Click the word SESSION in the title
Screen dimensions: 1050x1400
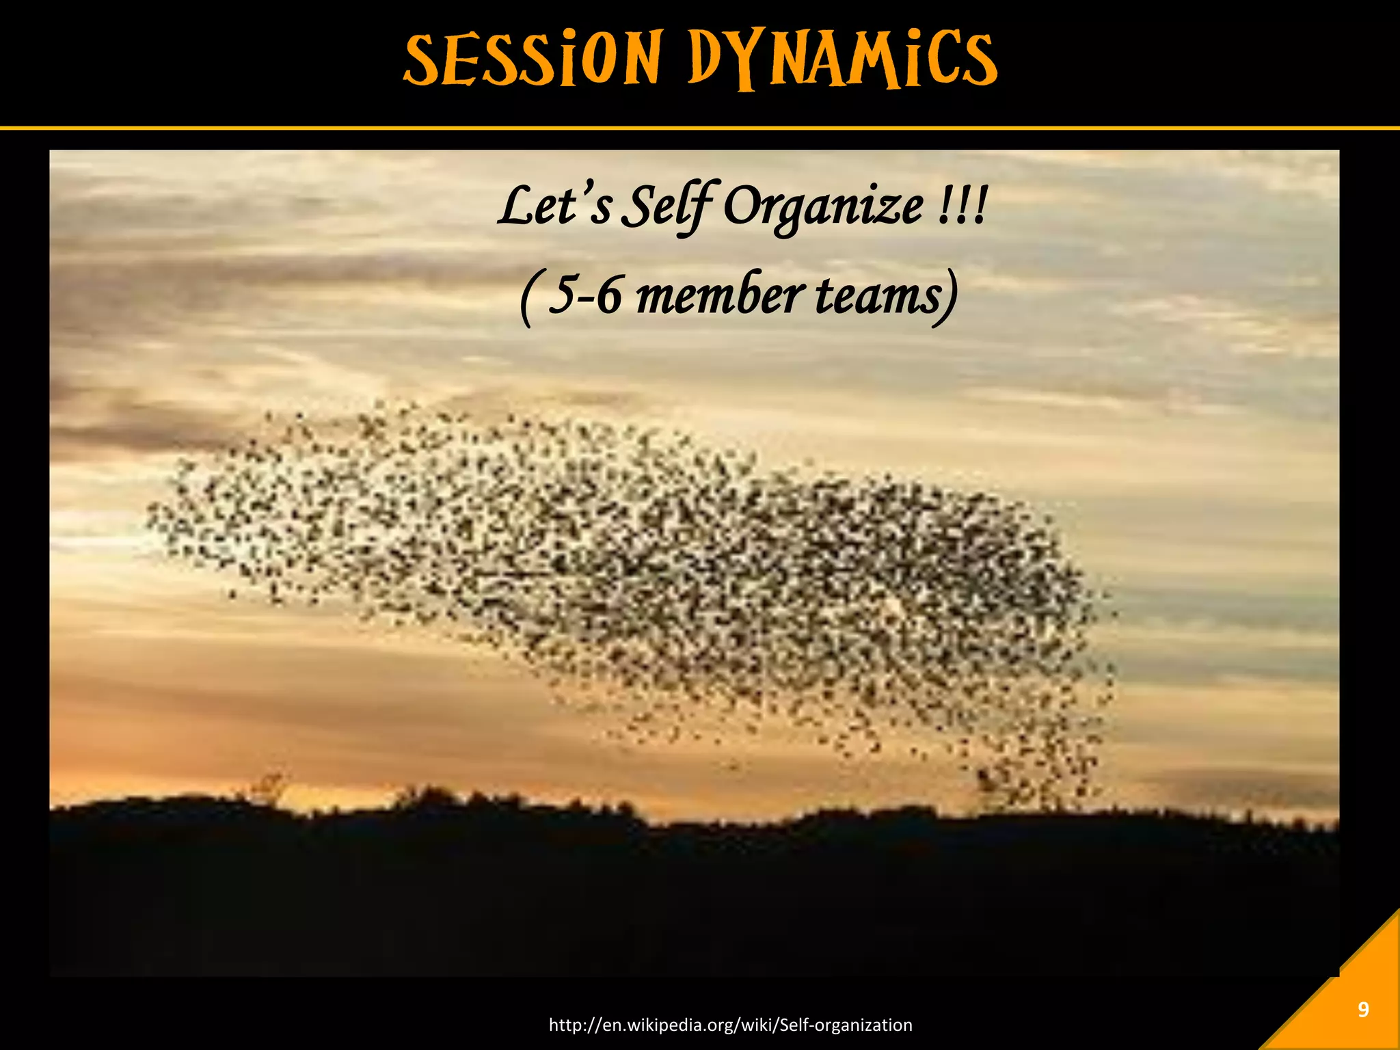click(x=532, y=59)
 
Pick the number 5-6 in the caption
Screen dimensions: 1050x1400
click(x=585, y=296)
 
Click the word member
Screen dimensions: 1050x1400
click(x=720, y=296)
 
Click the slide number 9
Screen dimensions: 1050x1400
click(x=1363, y=1010)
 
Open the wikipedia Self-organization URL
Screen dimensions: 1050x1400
click(x=731, y=1025)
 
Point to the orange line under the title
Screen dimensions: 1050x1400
click(x=700, y=128)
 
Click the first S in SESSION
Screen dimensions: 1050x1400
click(x=424, y=59)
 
